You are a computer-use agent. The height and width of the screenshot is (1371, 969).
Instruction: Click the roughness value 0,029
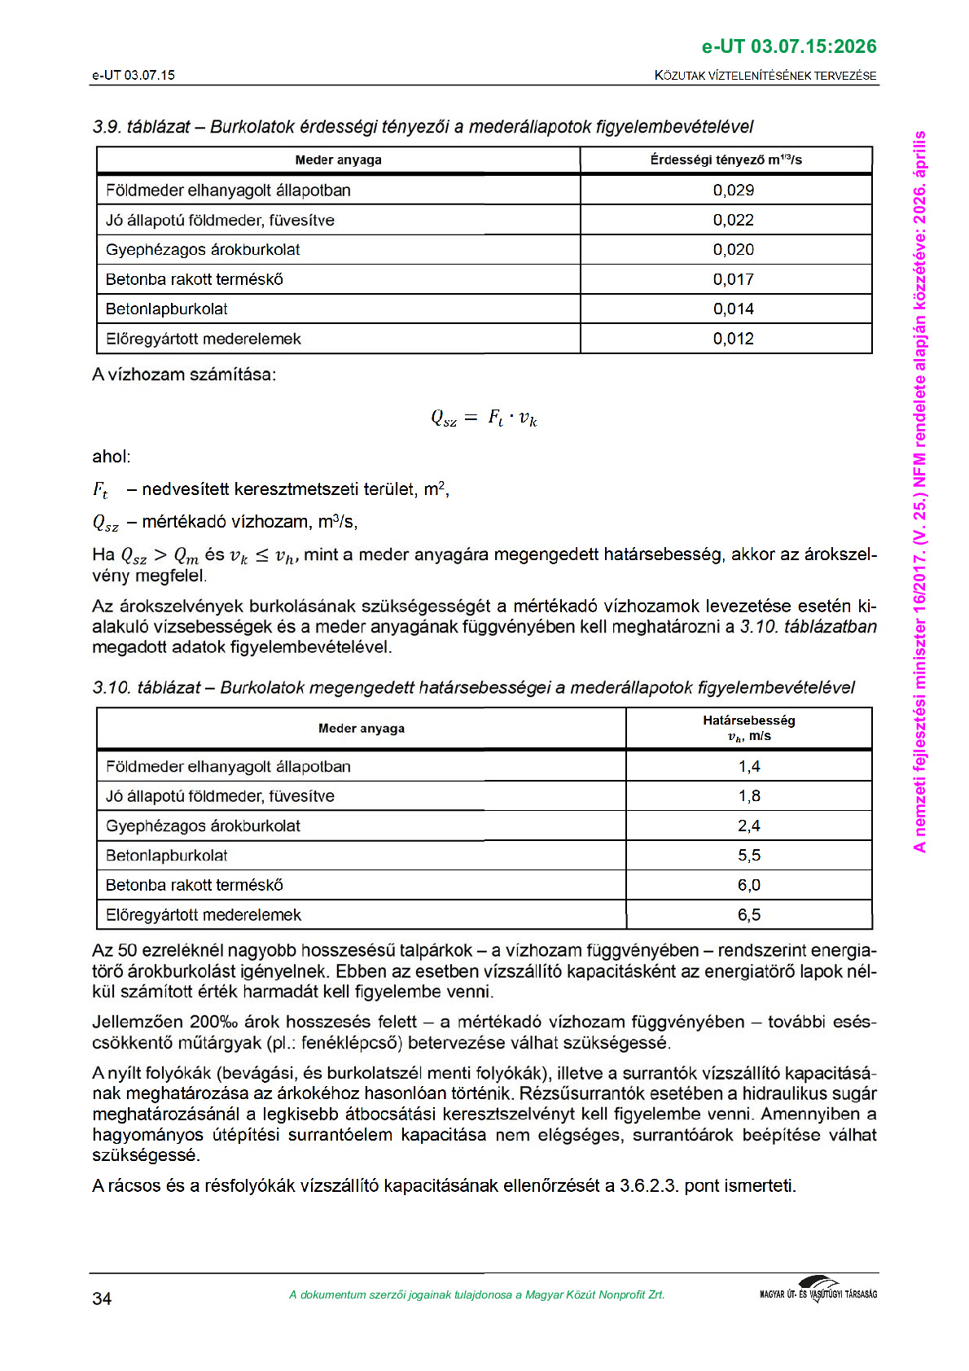click(733, 191)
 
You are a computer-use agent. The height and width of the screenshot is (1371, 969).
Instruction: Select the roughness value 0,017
click(733, 279)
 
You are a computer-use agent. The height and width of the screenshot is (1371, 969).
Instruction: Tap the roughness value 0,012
click(733, 339)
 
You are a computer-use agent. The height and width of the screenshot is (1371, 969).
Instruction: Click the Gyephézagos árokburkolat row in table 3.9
click(203, 250)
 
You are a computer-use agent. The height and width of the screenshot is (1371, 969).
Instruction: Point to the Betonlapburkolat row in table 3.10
click(167, 856)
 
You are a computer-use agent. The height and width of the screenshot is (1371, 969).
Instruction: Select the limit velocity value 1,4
click(748, 766)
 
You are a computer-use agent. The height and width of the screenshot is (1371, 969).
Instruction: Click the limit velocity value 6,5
click(748, 915)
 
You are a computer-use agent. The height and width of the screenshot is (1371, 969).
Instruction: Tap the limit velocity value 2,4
click(748, 826)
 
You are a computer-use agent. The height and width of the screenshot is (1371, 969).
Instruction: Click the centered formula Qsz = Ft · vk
click(484, 418)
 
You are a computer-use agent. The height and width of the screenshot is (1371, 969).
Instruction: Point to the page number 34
click(102, 1299)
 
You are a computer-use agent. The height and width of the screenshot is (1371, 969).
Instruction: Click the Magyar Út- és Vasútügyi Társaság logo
click(818, 1291)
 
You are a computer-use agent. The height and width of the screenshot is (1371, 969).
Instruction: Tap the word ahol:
click(112, 457)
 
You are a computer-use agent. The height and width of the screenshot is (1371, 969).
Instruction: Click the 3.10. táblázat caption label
click(147, 688)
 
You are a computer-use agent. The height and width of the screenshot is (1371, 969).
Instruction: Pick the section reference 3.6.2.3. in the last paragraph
click(648, 1186)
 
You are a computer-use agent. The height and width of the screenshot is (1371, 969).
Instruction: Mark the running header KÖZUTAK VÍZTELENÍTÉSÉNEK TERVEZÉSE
click(765, 76)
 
